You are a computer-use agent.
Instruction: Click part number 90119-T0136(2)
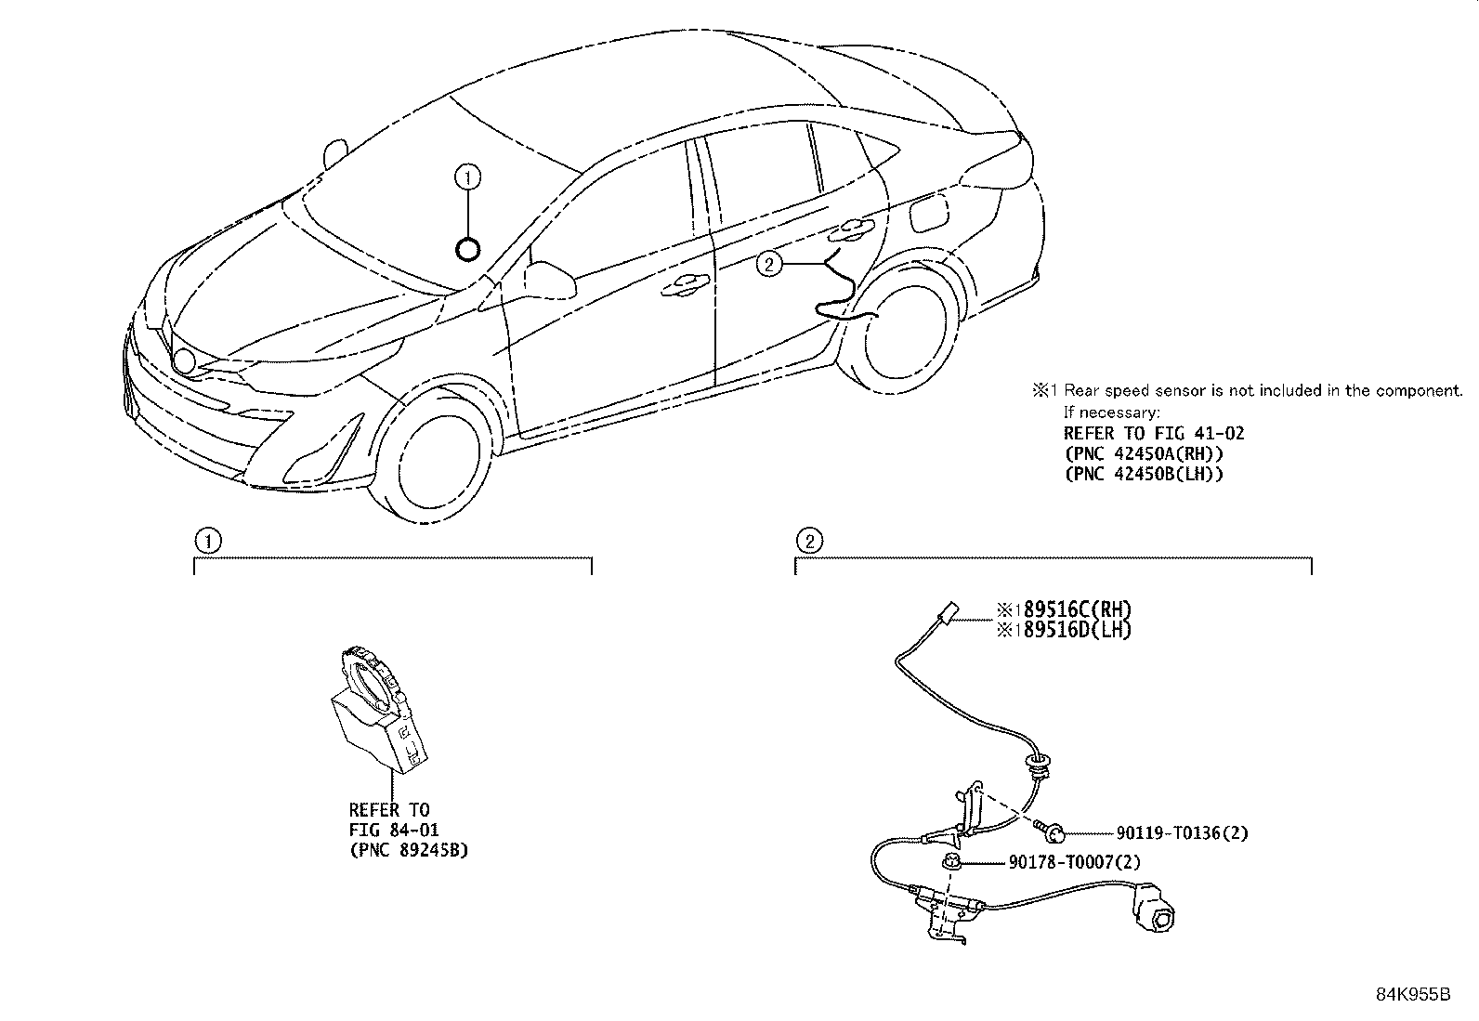coord(1174,833)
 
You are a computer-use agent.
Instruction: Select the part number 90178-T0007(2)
coord(1074,863)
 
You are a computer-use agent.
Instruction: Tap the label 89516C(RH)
coord(1072,610)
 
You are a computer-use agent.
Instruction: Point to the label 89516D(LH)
coord(1072,630)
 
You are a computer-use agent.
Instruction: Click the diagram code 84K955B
coord(1412,994)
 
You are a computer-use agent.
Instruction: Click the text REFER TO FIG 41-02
coord(1153,433)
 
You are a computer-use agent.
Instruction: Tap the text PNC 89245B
coord(409,849)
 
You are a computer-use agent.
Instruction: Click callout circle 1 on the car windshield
coord(468,175)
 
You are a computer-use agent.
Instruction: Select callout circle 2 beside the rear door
coord(768,265)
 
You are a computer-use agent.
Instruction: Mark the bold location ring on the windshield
coord(468,249)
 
